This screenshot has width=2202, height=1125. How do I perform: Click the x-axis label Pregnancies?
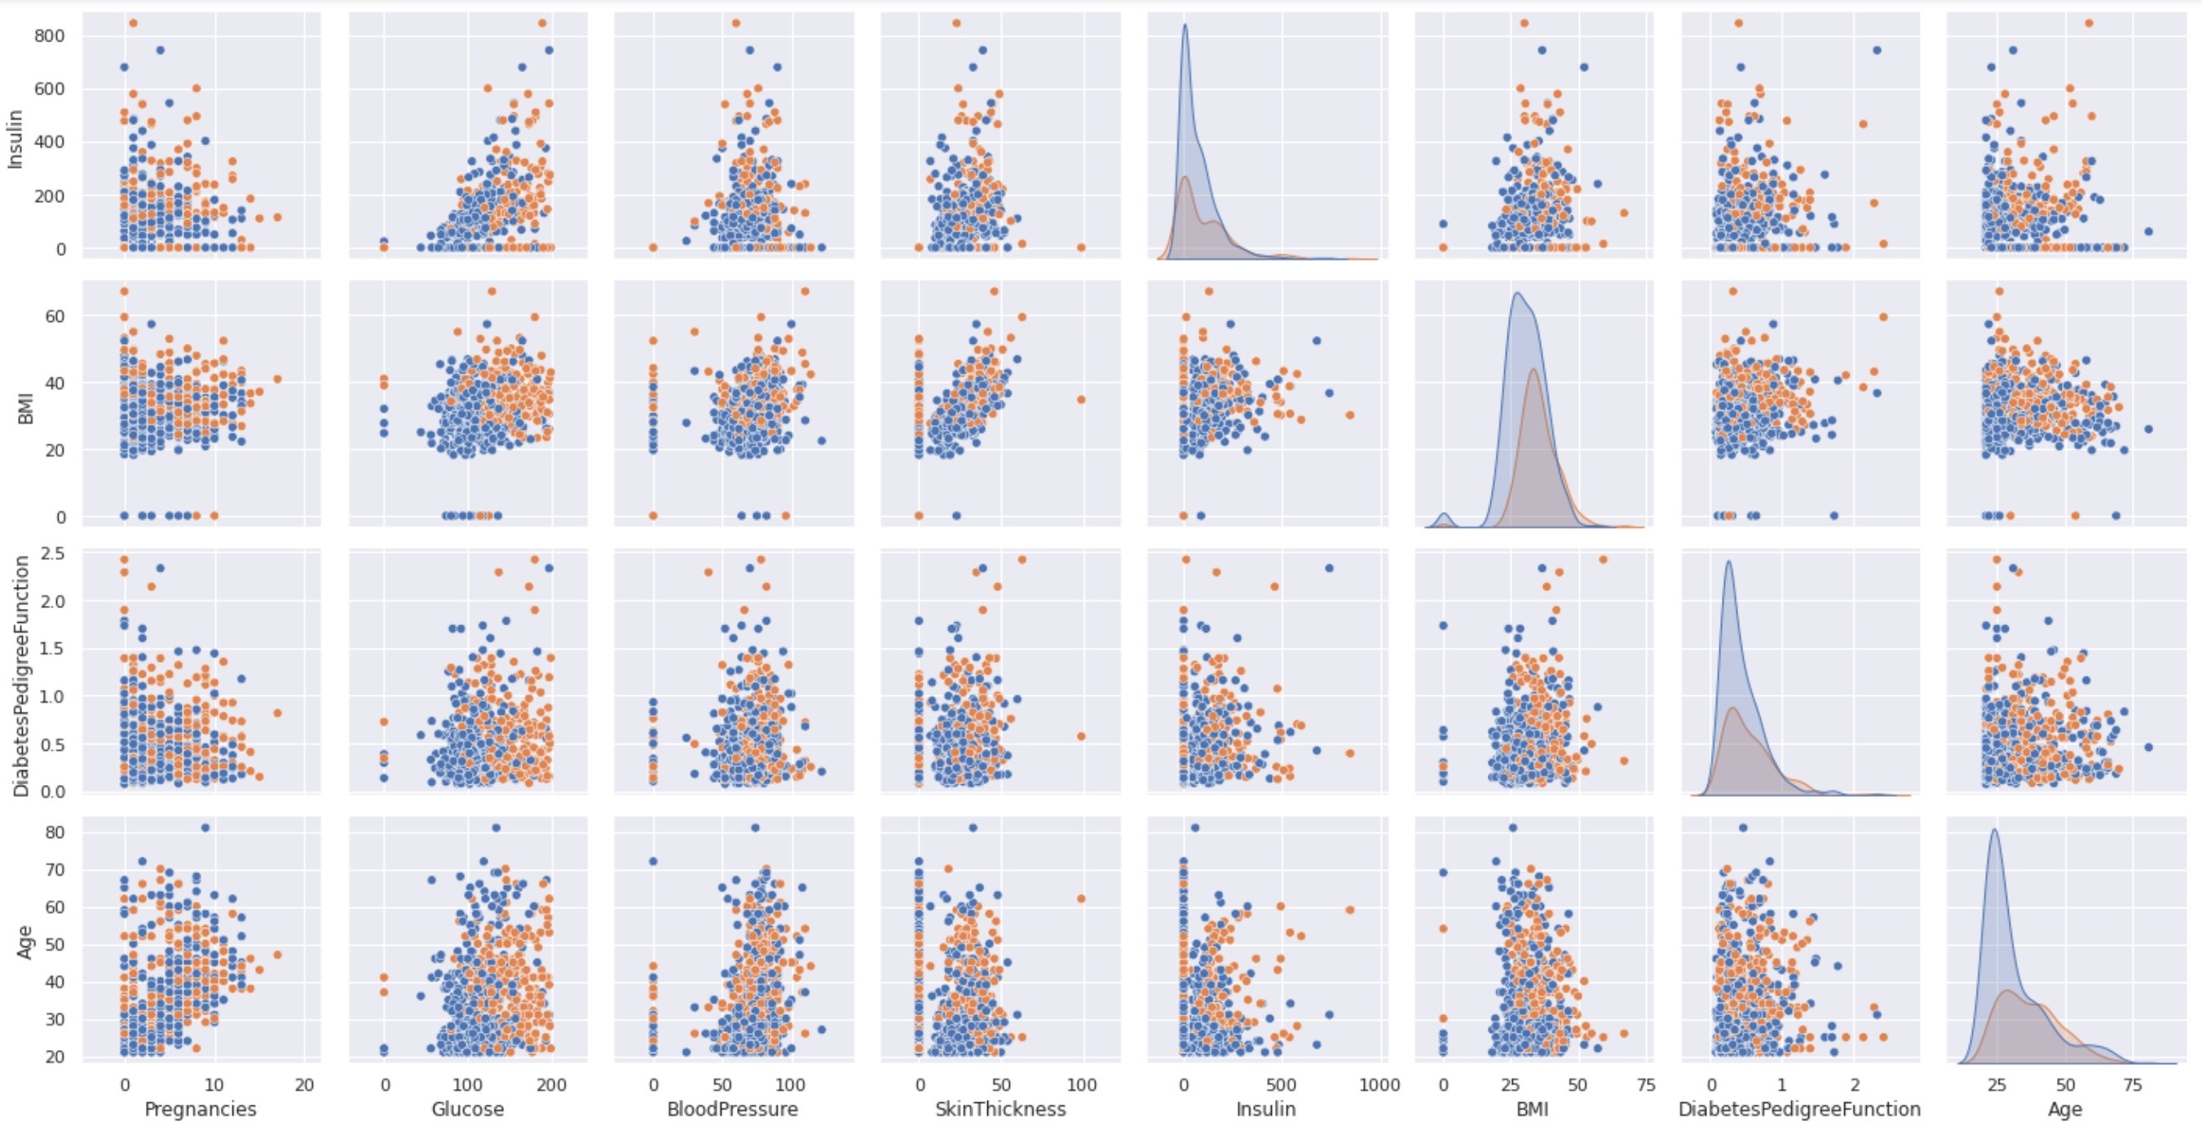(x=200, y=1109)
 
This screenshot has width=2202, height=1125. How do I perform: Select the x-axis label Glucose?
(x=468, y=1109)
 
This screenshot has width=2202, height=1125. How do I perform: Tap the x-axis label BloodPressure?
(x=732, y=1109)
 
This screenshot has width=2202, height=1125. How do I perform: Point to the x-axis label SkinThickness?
(x=1000, y=1109)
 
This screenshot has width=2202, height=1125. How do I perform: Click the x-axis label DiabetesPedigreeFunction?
(x=1799, y=1109)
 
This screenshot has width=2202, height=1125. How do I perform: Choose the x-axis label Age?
(x=2064, y=1109)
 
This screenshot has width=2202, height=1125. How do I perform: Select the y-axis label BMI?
(x=24, y=404)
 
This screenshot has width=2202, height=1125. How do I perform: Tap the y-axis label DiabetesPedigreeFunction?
(x=22, y=675)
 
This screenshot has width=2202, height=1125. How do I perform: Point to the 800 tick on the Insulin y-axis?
(x=51, y=36)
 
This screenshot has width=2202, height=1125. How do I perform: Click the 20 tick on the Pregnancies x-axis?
(x=304, y=1085)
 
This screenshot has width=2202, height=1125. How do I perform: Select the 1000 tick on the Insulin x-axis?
(x=1378, y=1085)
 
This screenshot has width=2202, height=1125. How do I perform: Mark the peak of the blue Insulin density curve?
(x=1185, y=24)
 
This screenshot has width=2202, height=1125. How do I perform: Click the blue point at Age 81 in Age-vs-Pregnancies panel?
(x=205, y=827)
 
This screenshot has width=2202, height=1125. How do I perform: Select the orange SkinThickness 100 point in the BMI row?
(x=1080, y=399)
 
